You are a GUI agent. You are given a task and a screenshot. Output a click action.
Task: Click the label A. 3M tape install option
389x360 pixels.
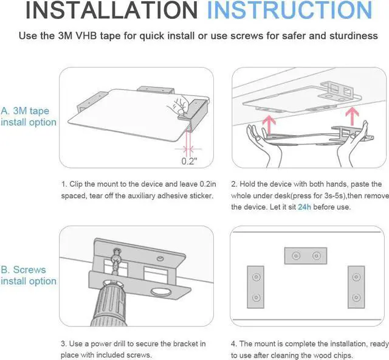[29, 117]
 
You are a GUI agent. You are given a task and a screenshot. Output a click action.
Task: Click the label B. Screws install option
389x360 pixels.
[29, 275]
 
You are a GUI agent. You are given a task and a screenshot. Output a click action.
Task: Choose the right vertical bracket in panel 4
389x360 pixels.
[356, 285]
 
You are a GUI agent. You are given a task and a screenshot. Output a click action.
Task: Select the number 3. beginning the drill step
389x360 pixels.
[63, 344]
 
